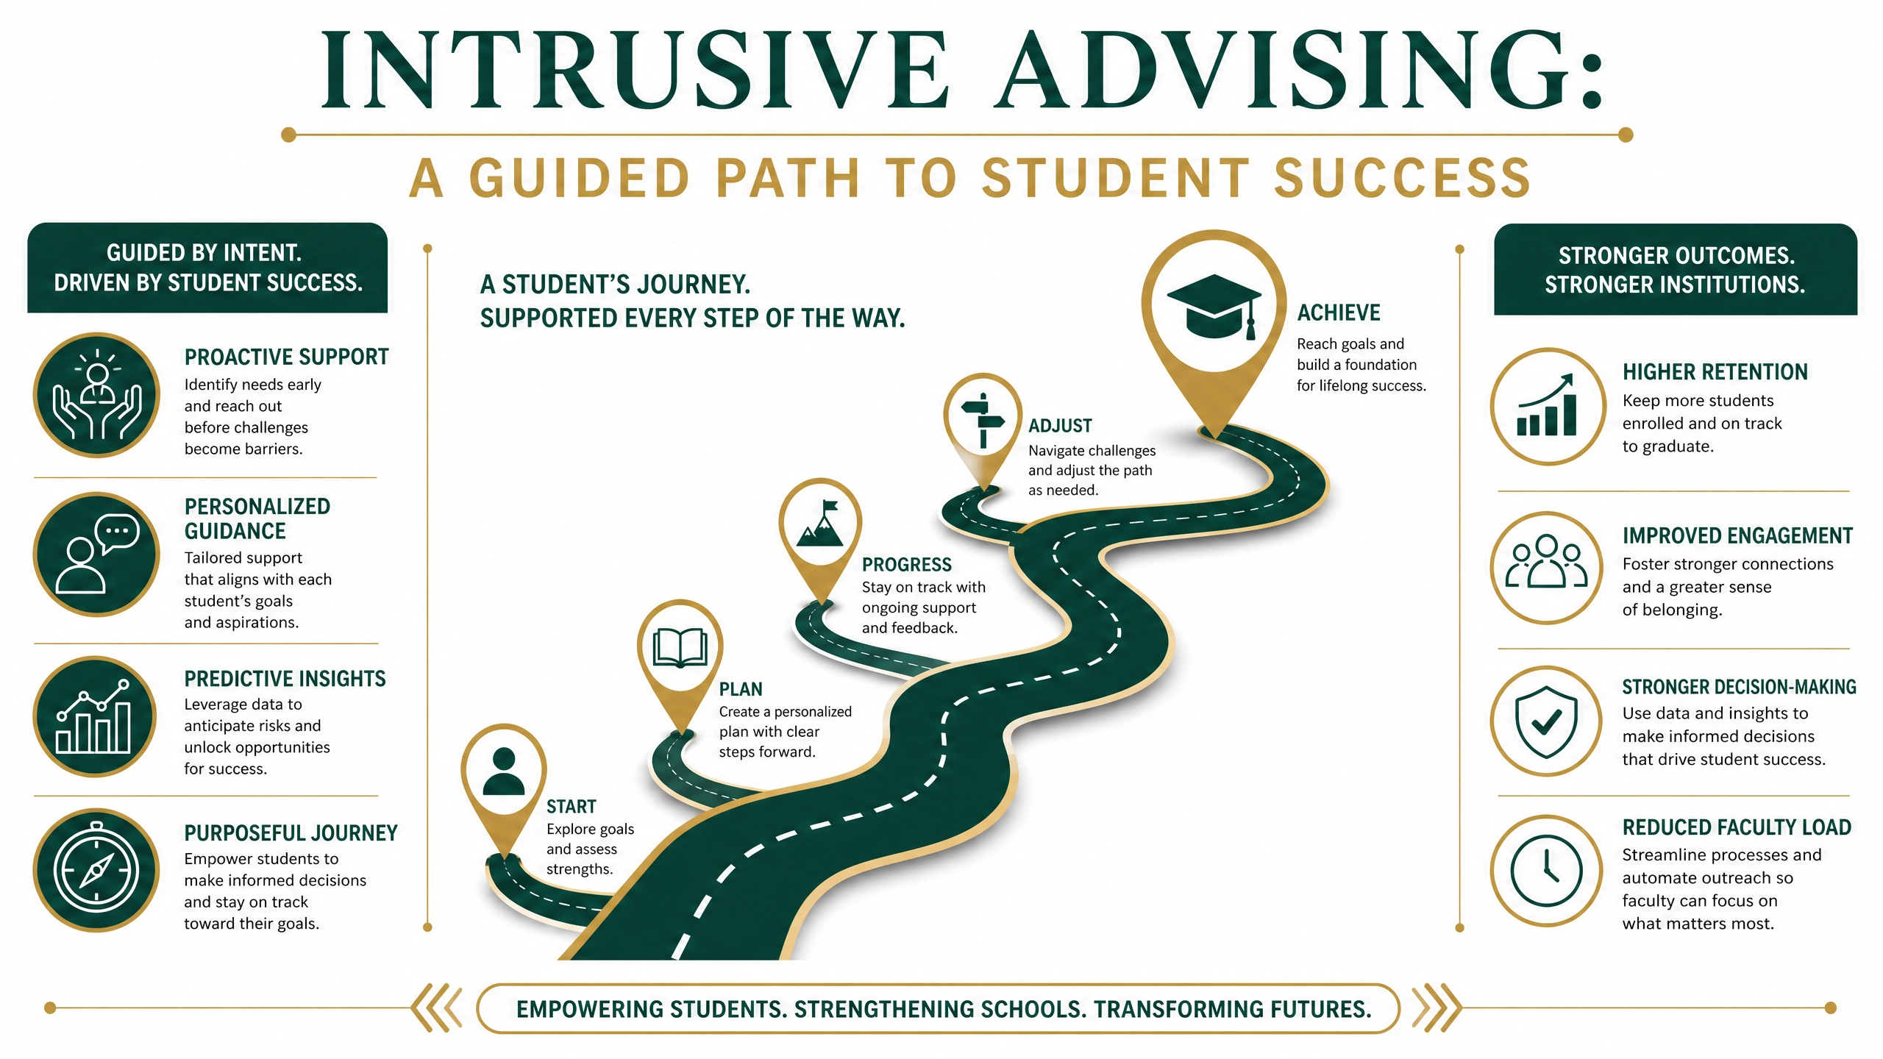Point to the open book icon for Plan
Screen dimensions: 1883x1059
click(x=680, y=648)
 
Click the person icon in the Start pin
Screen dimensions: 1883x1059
click(x=504, y=771)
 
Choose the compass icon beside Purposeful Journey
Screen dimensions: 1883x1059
click(x=96, y=870)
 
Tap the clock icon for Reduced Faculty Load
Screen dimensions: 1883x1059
click(x=1547, y=870)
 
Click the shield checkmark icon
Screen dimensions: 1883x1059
click(x=1547, y=721)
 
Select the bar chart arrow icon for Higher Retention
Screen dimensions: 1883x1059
click(x=1547, y=405)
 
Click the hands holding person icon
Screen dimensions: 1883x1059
click(x=96, y=395)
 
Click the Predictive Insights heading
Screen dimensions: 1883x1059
click(x=285, y=679)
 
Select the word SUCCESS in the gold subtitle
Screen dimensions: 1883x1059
click(x=1402, y=178)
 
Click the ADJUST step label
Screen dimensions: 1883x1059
click(x=1060, y=426)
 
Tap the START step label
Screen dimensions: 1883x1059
click(x=572, y=807)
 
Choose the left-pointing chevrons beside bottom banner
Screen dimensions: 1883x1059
click(x=437, y=1008)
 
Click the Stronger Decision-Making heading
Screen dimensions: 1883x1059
click(x=1740, y=687)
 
